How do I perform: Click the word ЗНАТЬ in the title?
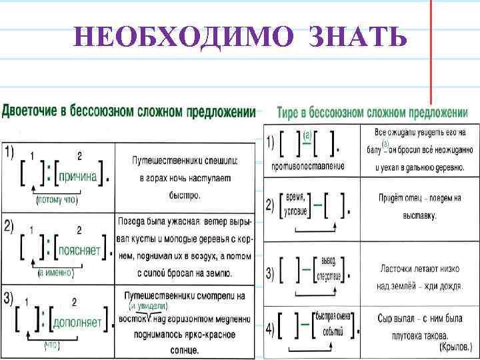pyautogui.click(x=357, y=38)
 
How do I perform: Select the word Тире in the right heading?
pyautogui.click(x=289, y=113)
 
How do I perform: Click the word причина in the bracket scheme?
pyautogui.click(x=77, y=177)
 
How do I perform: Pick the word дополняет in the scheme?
pyautogui.click(x=77, y=323)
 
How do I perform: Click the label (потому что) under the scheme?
pyautogui.click(x=55, y=199)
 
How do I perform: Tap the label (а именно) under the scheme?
pyautogui.click(x=55, y=273)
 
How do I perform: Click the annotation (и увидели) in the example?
pyautogui.click(x=148, y=306)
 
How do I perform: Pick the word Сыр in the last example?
pyautogui.click(x=385, y=318)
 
